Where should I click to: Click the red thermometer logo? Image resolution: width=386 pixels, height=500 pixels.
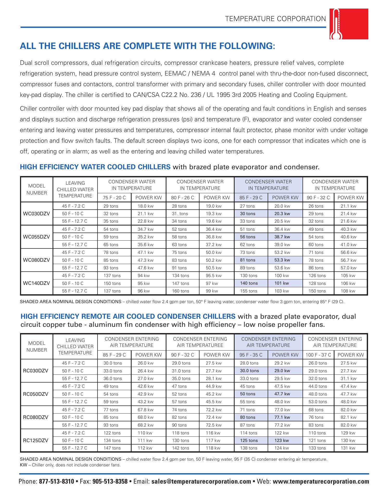(x=349, y=24)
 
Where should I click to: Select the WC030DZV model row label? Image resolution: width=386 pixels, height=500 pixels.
(x=36, y=214)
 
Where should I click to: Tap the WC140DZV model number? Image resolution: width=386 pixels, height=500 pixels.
(x=36, y=283)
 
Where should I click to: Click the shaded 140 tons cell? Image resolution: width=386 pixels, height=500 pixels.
(x=249, y=283)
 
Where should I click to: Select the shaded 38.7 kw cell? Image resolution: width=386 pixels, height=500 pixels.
(x=282, y=237)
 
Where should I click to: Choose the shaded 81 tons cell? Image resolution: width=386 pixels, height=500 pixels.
(x=248, y=260)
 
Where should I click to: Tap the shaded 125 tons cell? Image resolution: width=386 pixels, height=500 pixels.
(x=249, y=440)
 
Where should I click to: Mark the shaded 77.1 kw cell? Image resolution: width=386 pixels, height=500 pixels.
(x=282, y=417)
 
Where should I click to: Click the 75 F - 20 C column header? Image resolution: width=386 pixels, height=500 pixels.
(x=114, y=198)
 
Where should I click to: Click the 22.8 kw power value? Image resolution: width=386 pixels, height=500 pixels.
(x=146, y=221)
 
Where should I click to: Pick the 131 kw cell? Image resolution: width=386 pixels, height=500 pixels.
(x=348, y=448)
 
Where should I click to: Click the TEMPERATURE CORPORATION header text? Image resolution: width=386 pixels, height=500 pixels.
(x=275, y=19)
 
